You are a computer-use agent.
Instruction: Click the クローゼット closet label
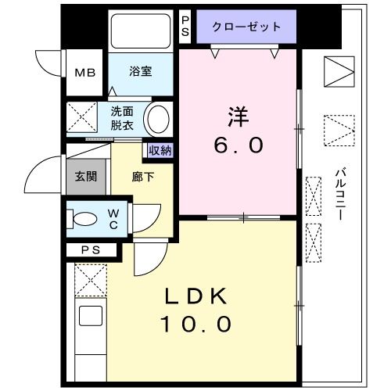pos(246,27)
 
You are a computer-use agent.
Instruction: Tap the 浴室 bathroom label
pos(142,71)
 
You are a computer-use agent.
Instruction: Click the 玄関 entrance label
pos(86,176)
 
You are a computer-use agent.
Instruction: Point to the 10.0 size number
pos(196,323)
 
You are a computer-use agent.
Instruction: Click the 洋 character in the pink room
pos(239,117)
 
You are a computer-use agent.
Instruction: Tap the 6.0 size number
pos(239,145)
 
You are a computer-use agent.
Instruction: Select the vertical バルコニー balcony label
pos(341,193)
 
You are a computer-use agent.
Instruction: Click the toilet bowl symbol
pos(84,219)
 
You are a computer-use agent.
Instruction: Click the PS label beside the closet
pos(185,26)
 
